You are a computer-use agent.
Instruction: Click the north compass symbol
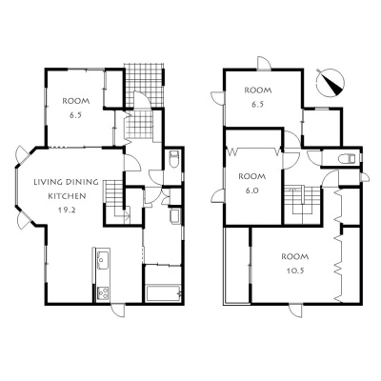click(x=331, y=82)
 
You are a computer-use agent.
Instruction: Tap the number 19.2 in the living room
click(x=67, y=210)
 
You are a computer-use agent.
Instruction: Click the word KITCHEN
click(x=67, y=196)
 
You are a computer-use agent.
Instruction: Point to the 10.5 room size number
click(x=295, y=271)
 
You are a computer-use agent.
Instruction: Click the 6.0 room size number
click(x=252, y=190)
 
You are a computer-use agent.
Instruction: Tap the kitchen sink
click(x=102, y=259)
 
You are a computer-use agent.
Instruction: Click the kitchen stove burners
click(x=103, y=293)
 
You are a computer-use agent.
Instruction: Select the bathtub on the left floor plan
click(x=163, y=293)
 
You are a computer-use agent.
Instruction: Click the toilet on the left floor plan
click(x=174, y=159)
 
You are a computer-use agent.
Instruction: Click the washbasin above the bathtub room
click(x=175, y=216)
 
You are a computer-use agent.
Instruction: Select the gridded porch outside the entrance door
click(x=145, y=86)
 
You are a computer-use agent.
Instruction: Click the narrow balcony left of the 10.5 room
click(x=237, y=266)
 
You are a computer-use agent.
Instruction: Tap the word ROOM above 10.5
click(x=295, y=256)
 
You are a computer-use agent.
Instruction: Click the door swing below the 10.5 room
click(x=296, y=311)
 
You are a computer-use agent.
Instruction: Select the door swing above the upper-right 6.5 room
click(x=264, y=63)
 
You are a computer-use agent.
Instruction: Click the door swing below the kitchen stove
click(x=118, y=310)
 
